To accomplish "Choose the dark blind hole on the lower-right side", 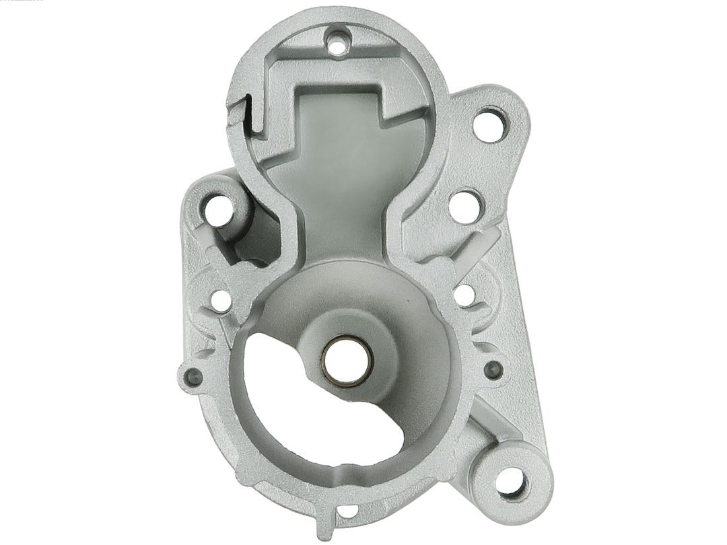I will click(493, 368).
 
